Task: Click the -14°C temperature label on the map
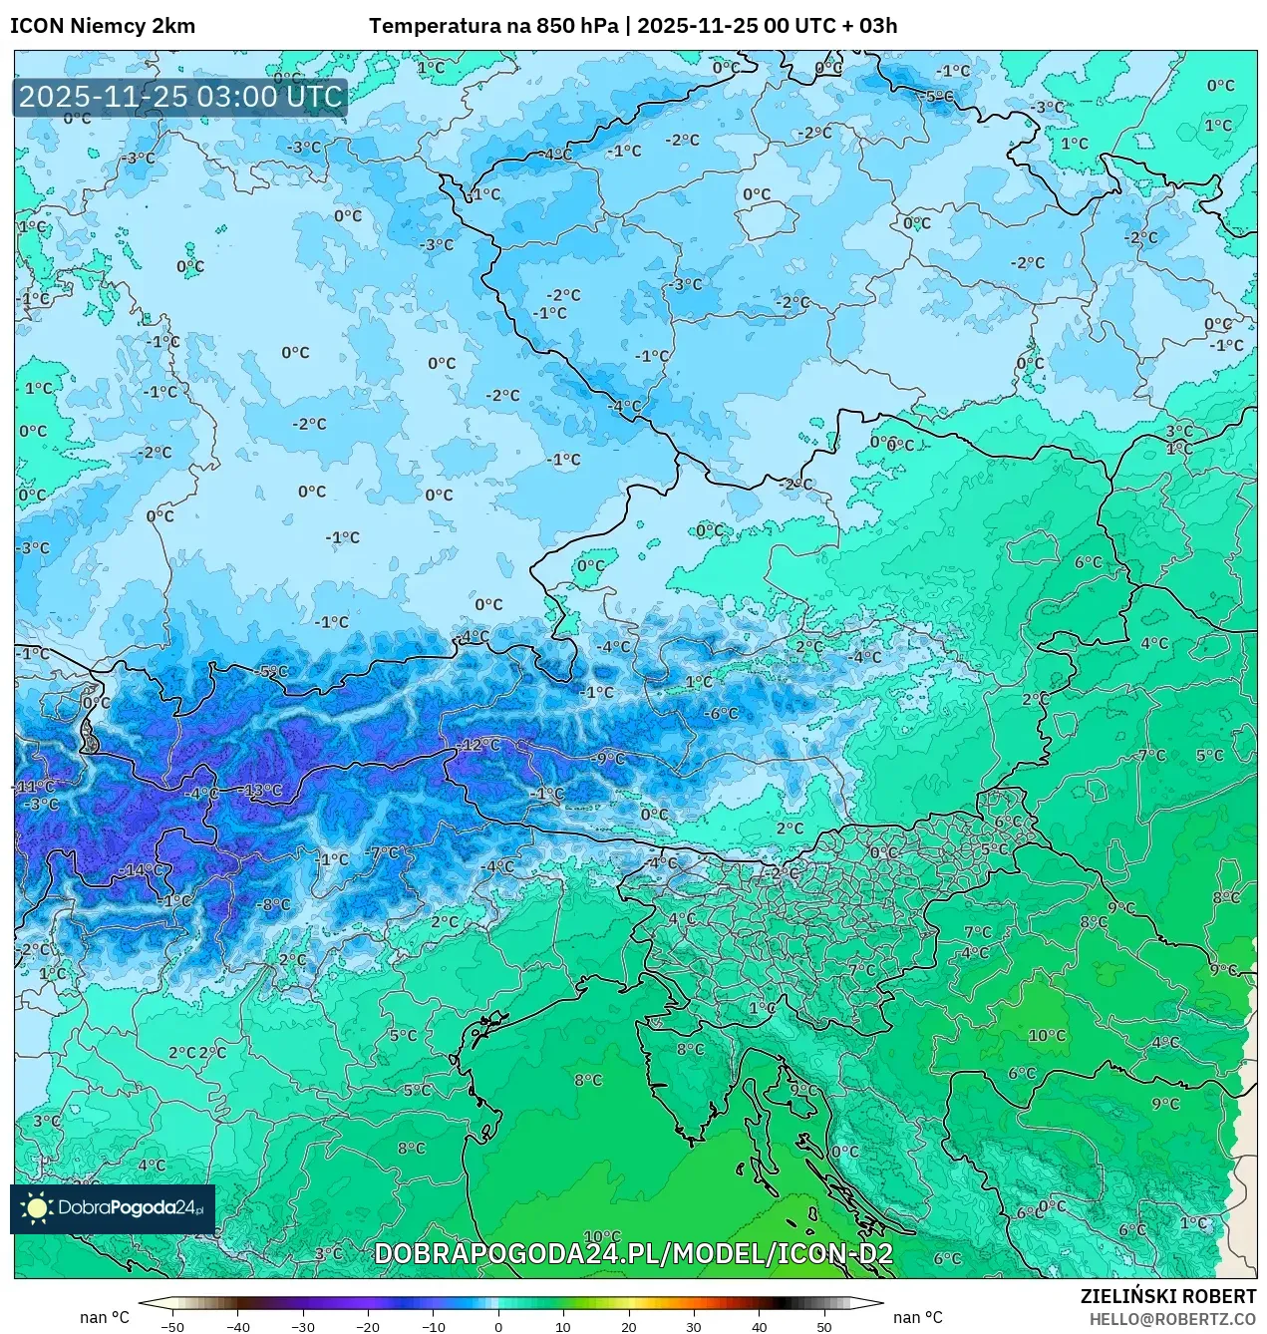(142, 869)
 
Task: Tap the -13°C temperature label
(262, 791)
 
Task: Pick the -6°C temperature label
(721, 714)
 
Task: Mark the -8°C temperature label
(274, 905)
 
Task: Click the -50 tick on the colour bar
(172, 1326)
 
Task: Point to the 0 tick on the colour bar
(498, 1326)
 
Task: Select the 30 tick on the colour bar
(694, 1326)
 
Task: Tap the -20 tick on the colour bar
(368, 1326)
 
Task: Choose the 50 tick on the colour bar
(823, 1326)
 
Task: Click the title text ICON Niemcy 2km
(103, 26)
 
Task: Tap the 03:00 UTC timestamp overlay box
(179, 98)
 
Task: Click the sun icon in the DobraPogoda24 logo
(37, 1208)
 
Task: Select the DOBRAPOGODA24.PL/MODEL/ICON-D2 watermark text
(633, 1253)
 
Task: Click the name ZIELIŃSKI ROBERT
(1168, 1296)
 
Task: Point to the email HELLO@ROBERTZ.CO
(1172, 1318)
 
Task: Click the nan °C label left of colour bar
(105, 1317)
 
